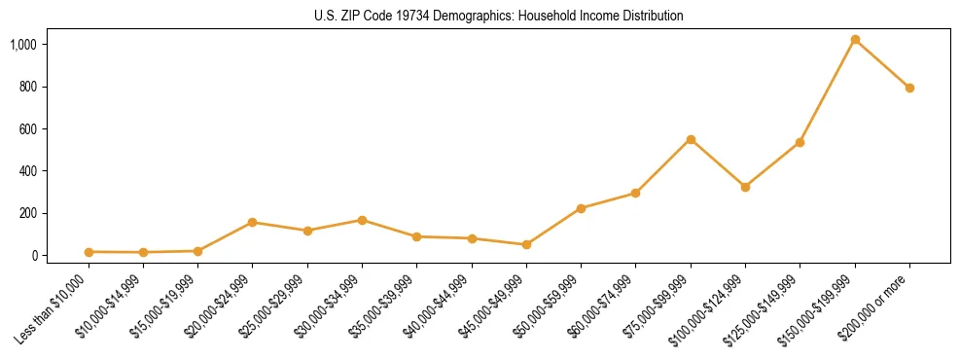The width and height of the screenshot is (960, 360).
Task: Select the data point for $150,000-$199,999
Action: (855, 40)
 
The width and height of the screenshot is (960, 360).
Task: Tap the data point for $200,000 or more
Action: (909, 88)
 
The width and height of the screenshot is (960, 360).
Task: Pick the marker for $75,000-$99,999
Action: (691, 139)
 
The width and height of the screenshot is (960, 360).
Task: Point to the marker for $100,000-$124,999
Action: (745, 187)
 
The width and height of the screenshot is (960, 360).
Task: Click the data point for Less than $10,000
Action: (89, 252)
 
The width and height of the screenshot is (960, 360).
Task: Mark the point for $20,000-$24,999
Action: (253, 222)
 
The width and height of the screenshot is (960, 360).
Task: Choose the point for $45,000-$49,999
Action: (526, 244)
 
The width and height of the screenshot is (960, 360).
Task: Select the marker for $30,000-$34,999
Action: (362, 220)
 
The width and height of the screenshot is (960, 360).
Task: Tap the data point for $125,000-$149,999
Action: (800, 142)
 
